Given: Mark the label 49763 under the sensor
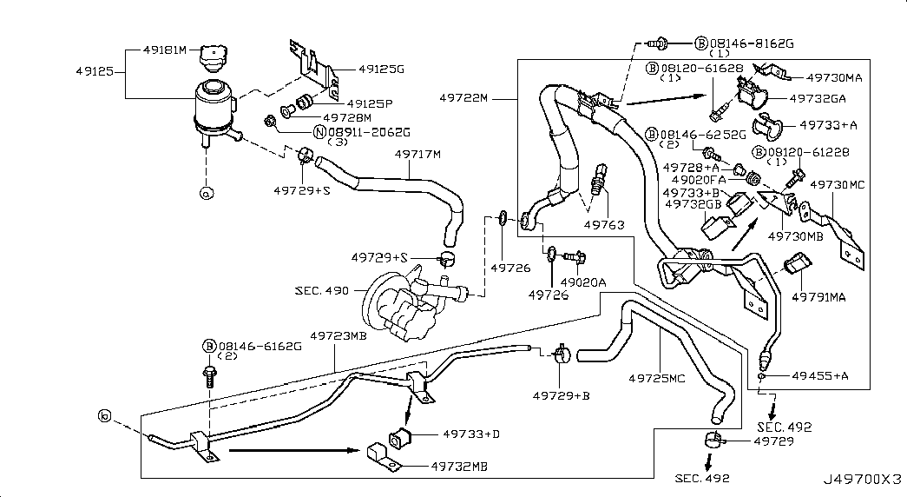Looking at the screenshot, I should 603,224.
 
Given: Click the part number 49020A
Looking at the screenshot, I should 582,283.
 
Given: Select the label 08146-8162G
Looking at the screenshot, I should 751,42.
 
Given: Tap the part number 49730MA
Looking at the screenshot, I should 827,77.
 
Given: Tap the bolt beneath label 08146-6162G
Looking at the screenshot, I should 209,375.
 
